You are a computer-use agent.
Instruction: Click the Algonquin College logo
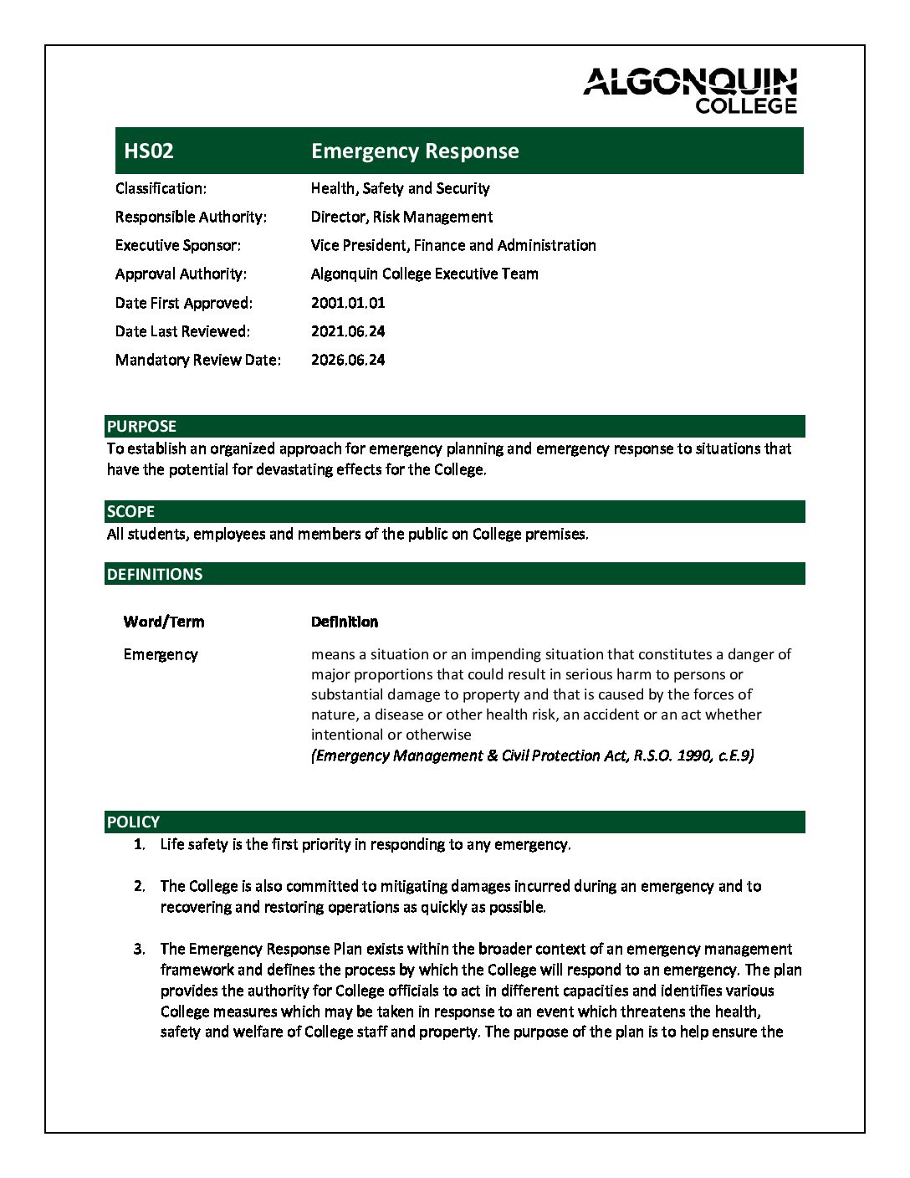point(690,91)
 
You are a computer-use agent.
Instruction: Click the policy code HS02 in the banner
point(149,151)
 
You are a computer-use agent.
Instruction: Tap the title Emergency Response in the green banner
point(415,151)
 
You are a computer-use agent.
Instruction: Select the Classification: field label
point(161,188)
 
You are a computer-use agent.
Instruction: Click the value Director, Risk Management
point(401,217)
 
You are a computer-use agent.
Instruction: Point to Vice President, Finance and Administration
point(453,245)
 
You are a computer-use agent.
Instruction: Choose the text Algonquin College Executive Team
point(424,274)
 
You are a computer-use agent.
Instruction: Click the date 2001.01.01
point(348,303)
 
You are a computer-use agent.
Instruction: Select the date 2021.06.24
point(348,331)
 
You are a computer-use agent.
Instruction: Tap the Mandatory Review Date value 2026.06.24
point(348,360)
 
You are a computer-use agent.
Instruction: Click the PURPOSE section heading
point(141,427)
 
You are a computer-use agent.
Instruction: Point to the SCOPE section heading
point(130,512)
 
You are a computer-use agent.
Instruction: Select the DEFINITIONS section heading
point(155,575)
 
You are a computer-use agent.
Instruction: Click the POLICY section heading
point(133,822)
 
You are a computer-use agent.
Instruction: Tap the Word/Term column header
point(163,622)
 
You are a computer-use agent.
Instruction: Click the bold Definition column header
point(345,622)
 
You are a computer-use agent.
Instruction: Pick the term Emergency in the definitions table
point(161,654)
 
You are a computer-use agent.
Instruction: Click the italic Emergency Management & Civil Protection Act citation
point(532,755)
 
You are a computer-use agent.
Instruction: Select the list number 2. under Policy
point(139,886)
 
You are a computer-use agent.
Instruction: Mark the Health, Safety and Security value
point(400,188)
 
